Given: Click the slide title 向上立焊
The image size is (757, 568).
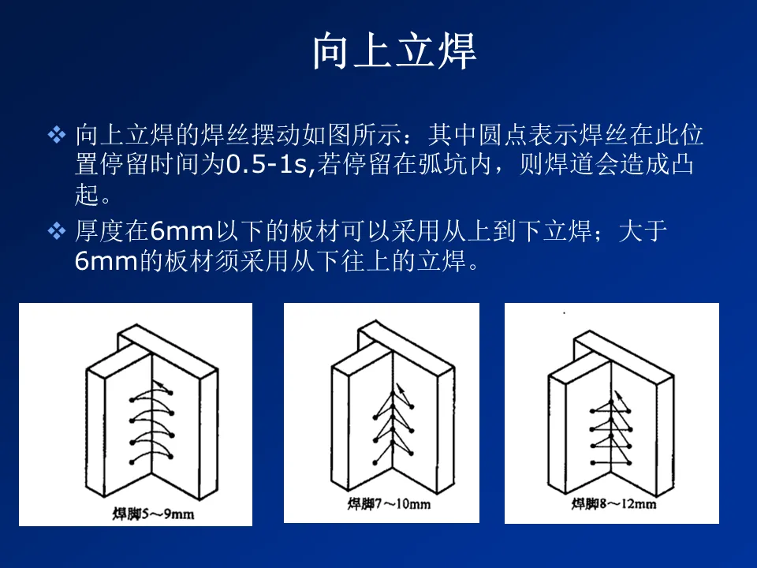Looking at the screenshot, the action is tap(394, 51).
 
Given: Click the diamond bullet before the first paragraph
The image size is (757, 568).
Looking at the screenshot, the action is tap(57, 135).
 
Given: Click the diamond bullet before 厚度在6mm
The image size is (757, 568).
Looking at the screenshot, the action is tap(57, 231).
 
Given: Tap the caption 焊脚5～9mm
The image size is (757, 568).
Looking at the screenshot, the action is tap(154, 514).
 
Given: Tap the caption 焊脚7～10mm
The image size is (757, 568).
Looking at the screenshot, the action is tap(389, 504).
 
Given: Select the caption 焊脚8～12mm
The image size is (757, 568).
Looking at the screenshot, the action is tap(613, 504).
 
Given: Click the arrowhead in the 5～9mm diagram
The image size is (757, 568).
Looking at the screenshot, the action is tap(158, 385).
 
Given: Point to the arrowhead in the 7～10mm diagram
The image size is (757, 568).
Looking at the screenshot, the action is tap(399, 387).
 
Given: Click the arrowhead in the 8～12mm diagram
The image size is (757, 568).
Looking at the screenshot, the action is tap(617, 394).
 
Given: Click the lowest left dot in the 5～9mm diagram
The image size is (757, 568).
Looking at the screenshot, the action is tap(132, 462).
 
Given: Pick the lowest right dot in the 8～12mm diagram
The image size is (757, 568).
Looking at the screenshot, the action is tap(629, 463).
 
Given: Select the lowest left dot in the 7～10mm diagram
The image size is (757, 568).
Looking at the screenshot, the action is tap(375, 463).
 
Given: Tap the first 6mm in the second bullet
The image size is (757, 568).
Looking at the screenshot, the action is tap(182, 231).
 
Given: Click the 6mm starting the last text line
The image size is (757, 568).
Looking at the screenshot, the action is tap(106, 261).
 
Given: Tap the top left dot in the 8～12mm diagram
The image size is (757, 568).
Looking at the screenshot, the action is tap(592, 411).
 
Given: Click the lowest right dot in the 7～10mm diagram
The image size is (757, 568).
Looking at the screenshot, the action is tap(411, 454).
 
